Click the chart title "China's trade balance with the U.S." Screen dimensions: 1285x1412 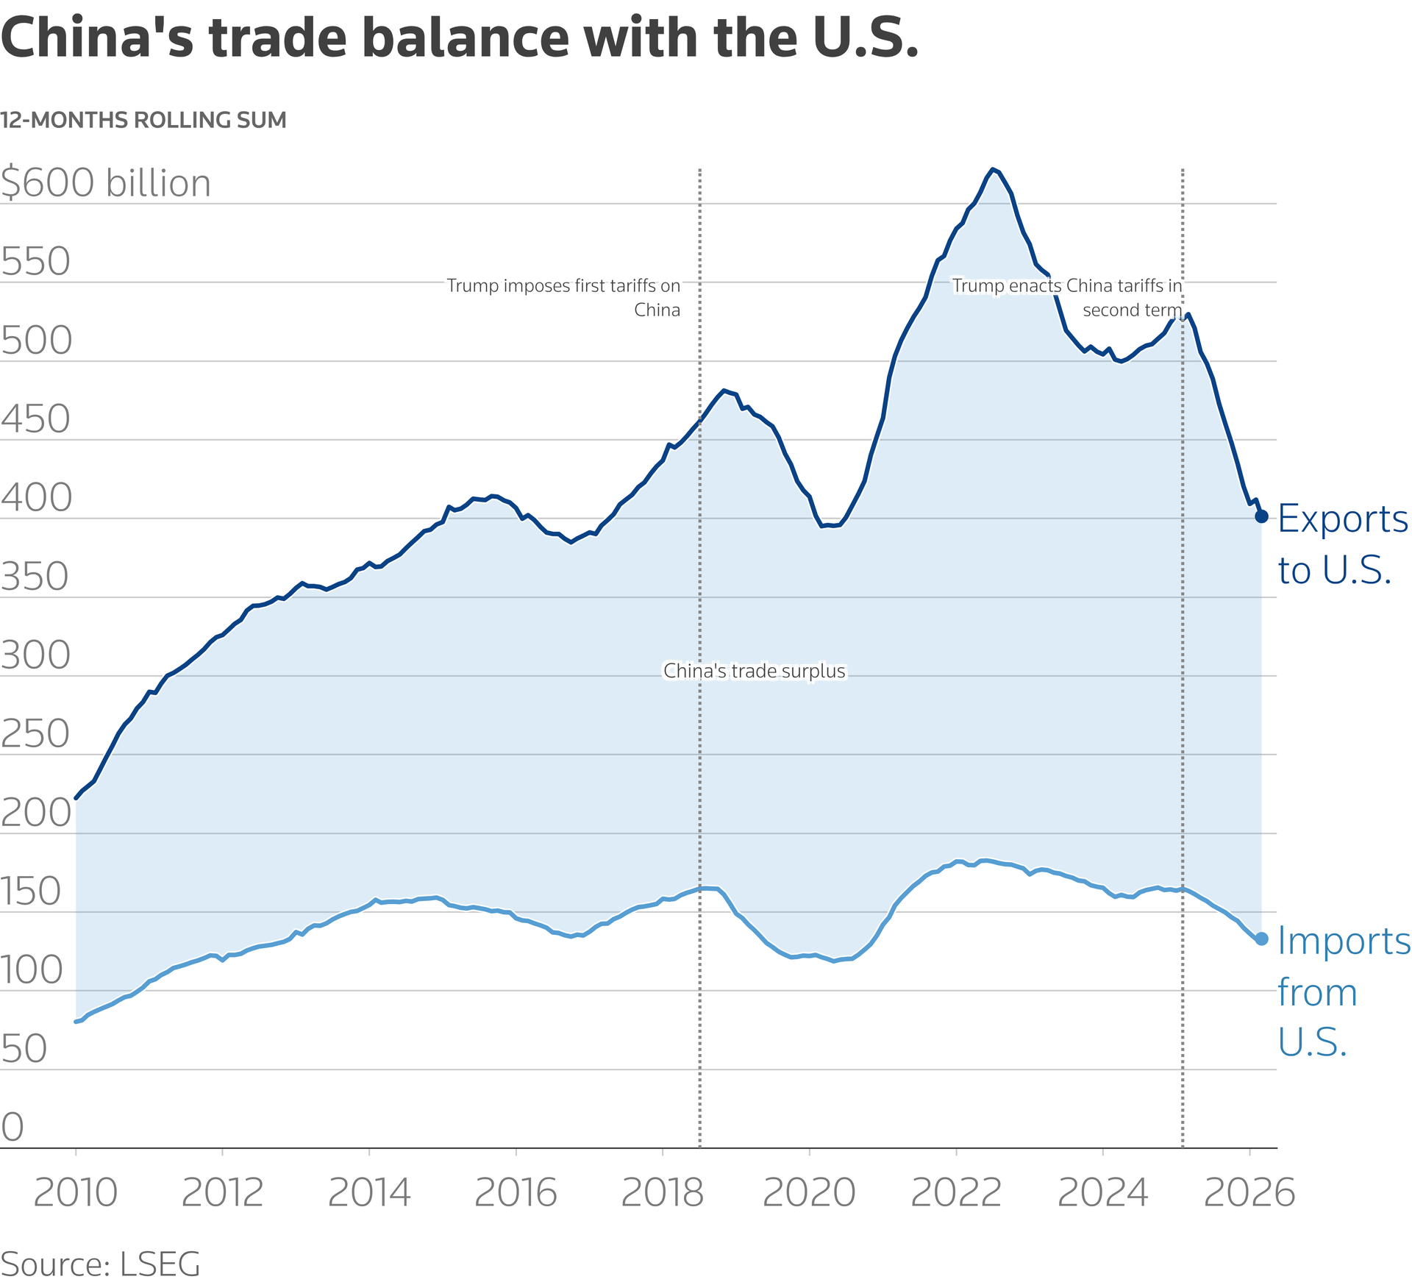[x=460, y=38]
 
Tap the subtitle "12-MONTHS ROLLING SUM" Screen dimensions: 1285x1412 [x=143, y=120]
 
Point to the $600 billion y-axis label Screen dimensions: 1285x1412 [x=106, y=182]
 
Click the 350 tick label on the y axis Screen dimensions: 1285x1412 [x=35, y=577]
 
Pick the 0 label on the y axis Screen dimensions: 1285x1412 [x=13, y=1127]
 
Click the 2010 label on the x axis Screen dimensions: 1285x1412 [x=75, y=1193]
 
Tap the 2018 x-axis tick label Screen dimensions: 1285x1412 [x=662, y=1193]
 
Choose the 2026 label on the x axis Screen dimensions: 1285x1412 [x=1249, y=1193]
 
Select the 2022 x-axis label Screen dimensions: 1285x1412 [x=955, y=1193]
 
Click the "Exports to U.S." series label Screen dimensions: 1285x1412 [x=1342, y=544]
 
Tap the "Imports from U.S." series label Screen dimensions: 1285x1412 [x=1343, y=991]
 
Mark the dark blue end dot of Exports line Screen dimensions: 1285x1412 [x=1261, y=516]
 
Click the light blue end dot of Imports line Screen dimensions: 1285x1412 [x=1261, y=939]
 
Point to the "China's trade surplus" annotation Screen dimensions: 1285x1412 [x=755, y=672]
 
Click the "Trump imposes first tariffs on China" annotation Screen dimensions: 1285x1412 [x=564, y=297]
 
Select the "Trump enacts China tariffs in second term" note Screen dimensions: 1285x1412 [x=1067, y=297]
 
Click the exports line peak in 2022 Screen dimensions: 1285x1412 [x=993, y=170]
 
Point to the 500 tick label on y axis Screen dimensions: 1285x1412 [x=37, y=341]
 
